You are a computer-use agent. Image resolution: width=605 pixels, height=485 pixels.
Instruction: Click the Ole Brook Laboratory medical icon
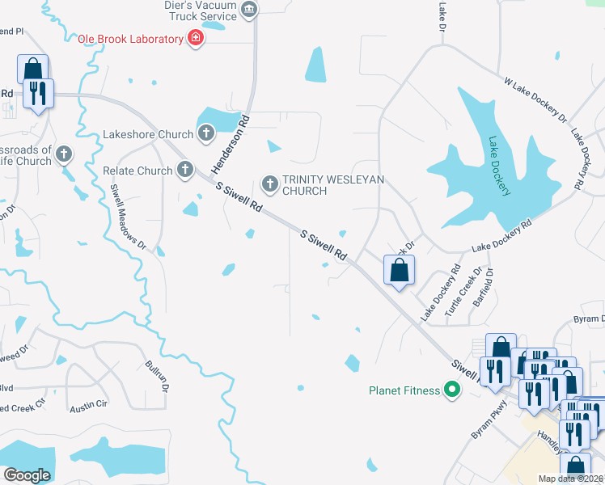(195, 39)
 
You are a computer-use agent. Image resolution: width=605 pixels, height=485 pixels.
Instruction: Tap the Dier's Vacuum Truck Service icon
(249, 10)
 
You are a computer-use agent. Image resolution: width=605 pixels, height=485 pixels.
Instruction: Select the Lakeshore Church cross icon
(205, 134)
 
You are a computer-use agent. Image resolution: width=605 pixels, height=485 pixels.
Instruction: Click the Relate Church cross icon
(185, 171)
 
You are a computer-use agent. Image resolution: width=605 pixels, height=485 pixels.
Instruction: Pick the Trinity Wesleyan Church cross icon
(270, 185)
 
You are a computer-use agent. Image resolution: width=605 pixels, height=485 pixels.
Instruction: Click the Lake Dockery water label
(499, 167)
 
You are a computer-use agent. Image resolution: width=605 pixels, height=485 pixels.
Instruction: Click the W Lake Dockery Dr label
(535, 100)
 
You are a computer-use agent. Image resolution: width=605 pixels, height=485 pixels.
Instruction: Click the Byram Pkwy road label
(490, 420)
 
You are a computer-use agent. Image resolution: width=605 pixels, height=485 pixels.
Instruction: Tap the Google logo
(27, 475)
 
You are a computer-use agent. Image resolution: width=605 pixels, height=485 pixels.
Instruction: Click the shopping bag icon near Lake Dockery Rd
(399, 271)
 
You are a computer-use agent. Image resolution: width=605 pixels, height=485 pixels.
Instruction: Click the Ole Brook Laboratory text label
(129, 39)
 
